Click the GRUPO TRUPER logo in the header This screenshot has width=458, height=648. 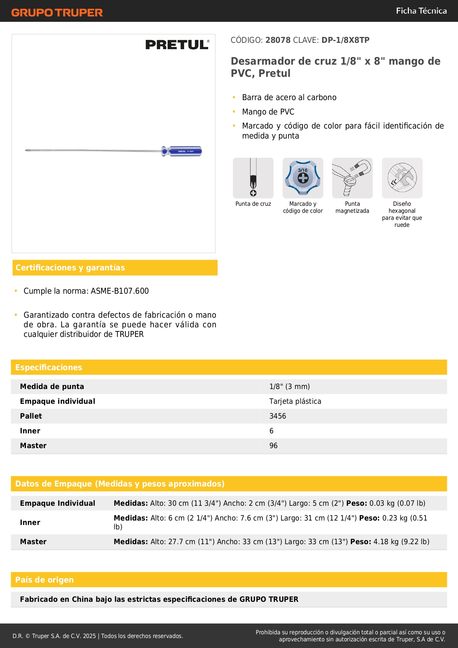tap(57, 13)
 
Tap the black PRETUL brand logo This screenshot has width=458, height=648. tap(177, 45)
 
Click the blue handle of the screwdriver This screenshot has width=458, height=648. tap(182, 151)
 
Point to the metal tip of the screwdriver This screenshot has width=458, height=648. tap(27, 150)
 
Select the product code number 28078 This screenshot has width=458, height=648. tap(278, 40)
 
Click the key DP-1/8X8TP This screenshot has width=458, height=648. tap(345, 40)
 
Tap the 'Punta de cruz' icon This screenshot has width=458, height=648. tap(253, 178)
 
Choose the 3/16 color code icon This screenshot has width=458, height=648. tap(303, 178)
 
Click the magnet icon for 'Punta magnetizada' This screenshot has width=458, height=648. tap(352, 178)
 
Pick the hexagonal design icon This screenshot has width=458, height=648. tap(402, 178)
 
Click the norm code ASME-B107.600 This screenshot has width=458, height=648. tap(120, 291)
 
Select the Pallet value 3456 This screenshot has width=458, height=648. tap(278, 416)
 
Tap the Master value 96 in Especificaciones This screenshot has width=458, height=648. tap(273, 446)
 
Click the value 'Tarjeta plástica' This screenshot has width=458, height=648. tap(295, 402)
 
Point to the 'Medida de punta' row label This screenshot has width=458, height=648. tap(52, 387)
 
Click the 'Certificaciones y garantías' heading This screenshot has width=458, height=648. tap(70, 268)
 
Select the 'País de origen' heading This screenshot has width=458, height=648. tap(44, 580)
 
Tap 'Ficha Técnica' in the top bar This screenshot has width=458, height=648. tap(421, 11)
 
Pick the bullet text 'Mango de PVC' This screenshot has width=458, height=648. tap(268, 112)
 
